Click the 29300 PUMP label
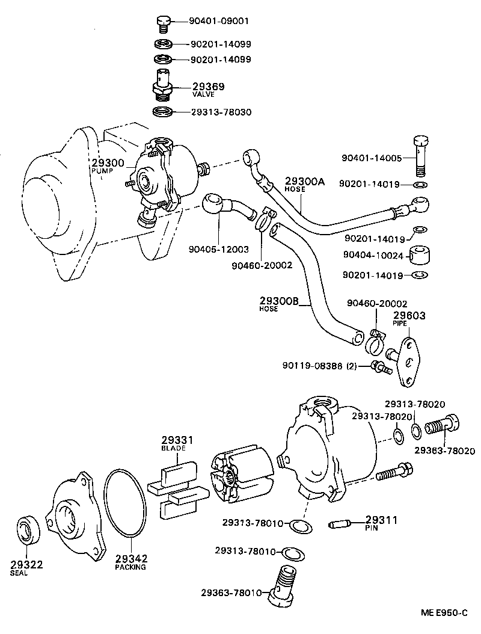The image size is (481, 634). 108,166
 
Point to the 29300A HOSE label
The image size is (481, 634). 304,183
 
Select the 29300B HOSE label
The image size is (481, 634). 279,304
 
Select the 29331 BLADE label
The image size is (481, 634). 174,444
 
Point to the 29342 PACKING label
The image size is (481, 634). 130,561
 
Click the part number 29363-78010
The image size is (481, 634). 231,592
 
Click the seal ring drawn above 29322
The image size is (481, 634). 28,529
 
